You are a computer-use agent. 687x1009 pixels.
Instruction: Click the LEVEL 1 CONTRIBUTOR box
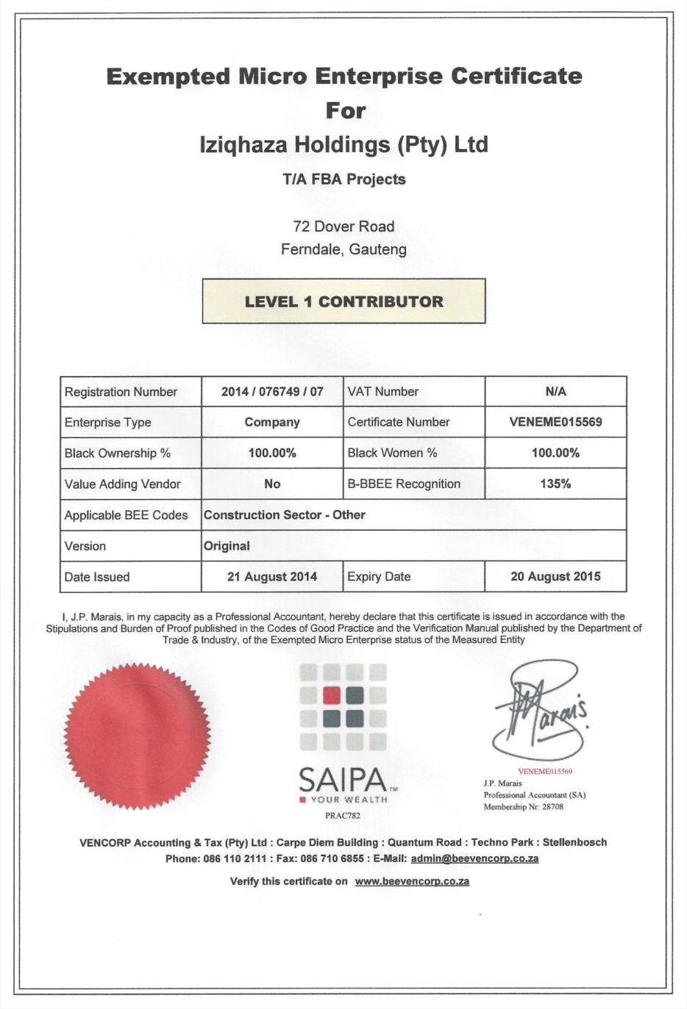[x=343, y=301]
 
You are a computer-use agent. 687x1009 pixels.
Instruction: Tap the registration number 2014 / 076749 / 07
[x=272, y=392]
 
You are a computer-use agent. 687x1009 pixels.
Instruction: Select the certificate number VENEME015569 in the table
[x=555, y=422]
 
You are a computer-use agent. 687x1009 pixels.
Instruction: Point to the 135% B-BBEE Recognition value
[x=555, y=484]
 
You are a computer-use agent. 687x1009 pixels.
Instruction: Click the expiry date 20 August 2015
[x=555, y=577]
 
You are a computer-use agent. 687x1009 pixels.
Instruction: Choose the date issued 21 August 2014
[x=272, y=577]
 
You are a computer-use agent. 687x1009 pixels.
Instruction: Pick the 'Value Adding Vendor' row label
[x=122, y=484]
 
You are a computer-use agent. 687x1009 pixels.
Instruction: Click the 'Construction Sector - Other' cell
[x=285, y=515]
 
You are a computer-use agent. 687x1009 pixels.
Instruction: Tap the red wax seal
[x=137, y=736]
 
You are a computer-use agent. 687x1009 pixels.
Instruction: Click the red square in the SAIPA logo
[x=332, y=695]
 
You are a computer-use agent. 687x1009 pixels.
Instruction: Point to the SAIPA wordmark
[x=343, y=779]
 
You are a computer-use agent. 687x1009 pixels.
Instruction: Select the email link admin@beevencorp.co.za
[x=474, y=858]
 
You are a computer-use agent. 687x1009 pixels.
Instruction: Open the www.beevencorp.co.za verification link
[x=412, y=881]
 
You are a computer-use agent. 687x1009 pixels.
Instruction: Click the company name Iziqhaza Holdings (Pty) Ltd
[x=343, y=144]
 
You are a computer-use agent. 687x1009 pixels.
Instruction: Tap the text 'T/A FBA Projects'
[x=343, y=179]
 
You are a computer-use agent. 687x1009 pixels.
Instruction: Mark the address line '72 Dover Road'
[x=343, y=226]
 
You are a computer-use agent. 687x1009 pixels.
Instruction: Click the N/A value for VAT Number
[x=555, y=392]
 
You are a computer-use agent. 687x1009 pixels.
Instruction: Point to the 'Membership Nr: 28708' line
[x=523, y=807]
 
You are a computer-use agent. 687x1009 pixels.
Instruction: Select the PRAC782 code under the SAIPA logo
[x=343, y=816]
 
